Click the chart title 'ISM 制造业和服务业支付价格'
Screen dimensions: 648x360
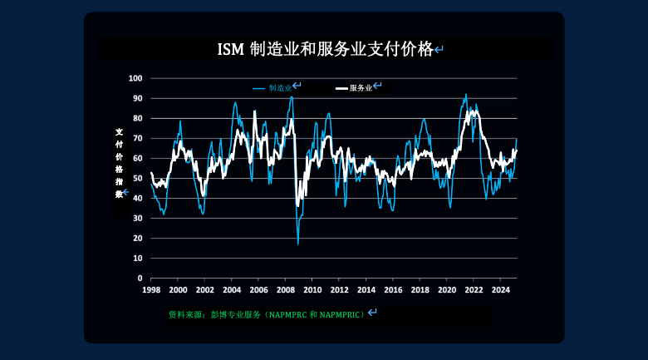(x=325, y=49)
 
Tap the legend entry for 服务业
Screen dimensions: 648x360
(x=354, y=88)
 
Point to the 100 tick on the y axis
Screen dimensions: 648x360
(x=135, y=78)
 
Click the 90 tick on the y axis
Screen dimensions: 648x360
(x=137, y=98)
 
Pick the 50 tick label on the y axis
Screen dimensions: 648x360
(x=137, y=179)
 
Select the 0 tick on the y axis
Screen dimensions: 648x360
(x=140, y=279)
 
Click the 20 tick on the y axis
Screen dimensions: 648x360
(x=137, y=239)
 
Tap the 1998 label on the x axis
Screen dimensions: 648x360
(x=151, y=290)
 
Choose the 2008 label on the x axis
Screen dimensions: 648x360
(x=286, y=290)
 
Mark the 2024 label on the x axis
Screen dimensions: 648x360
(x=500, y=290)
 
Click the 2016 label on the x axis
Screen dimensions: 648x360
(x=393, y=290)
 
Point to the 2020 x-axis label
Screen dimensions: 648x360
(x=447, y=290)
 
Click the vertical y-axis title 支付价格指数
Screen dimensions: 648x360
(x=120, y=163)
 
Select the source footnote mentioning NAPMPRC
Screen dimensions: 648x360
(x=267, y=315)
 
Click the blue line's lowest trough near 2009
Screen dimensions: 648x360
(x=298, y=244)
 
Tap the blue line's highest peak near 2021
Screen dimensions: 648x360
(x=466, y=94)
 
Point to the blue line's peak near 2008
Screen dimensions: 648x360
(x=292, y=96)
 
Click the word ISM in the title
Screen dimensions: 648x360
(x=231, y=50)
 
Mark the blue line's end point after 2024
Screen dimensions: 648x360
(x=517, y=139)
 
